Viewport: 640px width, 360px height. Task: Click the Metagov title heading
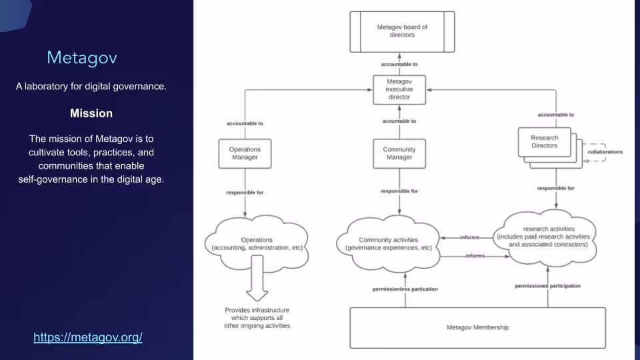(82, 58)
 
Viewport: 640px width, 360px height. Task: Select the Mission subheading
(91, 113)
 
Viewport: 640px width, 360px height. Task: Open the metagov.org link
(88, 337)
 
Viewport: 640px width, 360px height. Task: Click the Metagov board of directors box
(402, 31)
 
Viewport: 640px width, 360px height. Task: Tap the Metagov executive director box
(399, 89)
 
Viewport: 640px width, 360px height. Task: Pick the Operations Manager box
(245, 153)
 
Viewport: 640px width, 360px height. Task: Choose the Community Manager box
(399, 153)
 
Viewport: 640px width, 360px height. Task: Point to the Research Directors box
(545, 142)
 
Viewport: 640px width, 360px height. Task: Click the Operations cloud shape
(257, 244)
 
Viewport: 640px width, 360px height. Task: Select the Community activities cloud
(389, 244)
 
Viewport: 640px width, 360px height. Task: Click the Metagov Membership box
(477, 327)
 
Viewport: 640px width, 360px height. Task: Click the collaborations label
(605, 152)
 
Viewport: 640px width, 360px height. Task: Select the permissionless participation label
(405, 289)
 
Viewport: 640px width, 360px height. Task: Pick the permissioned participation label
(547, 286)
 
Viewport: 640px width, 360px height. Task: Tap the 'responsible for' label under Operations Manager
(245, 193)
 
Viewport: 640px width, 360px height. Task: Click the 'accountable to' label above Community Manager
(399, 121)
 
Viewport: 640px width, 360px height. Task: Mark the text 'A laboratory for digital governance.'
(91, 87)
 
